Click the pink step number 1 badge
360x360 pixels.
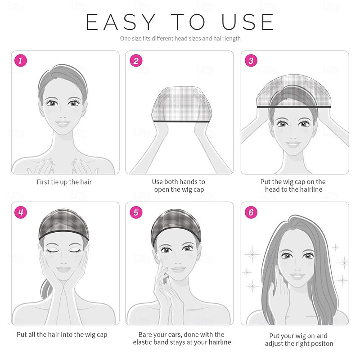click(21, 61)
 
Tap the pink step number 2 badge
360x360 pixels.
click(136, 61)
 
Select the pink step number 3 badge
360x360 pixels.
click(251, 61)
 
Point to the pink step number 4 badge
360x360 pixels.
click(21, 212)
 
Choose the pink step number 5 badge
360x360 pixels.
click(136, 212)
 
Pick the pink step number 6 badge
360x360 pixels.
click(251, 212)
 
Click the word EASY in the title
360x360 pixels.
click(121, 22)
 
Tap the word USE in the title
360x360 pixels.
click(247, 22)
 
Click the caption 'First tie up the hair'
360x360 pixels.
click(64, 182)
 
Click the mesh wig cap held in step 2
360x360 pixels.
click(181, 104)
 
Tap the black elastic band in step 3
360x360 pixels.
click(294, 107)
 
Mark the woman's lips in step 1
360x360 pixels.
click(63, 124)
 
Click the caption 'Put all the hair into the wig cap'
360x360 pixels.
click(62, 335)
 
